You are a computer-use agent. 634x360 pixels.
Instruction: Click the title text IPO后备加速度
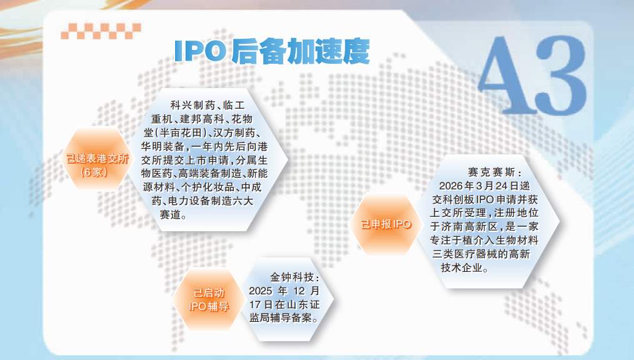[x=271, y=52]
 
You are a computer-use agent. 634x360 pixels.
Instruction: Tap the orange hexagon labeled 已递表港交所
[x=97, y=159]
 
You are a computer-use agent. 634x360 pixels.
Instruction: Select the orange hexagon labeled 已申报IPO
[x=386, y=224]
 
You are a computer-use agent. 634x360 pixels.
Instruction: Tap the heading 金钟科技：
[x=295, y=276]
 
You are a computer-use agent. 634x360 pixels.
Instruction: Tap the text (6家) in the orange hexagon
[x=95, y=171]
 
